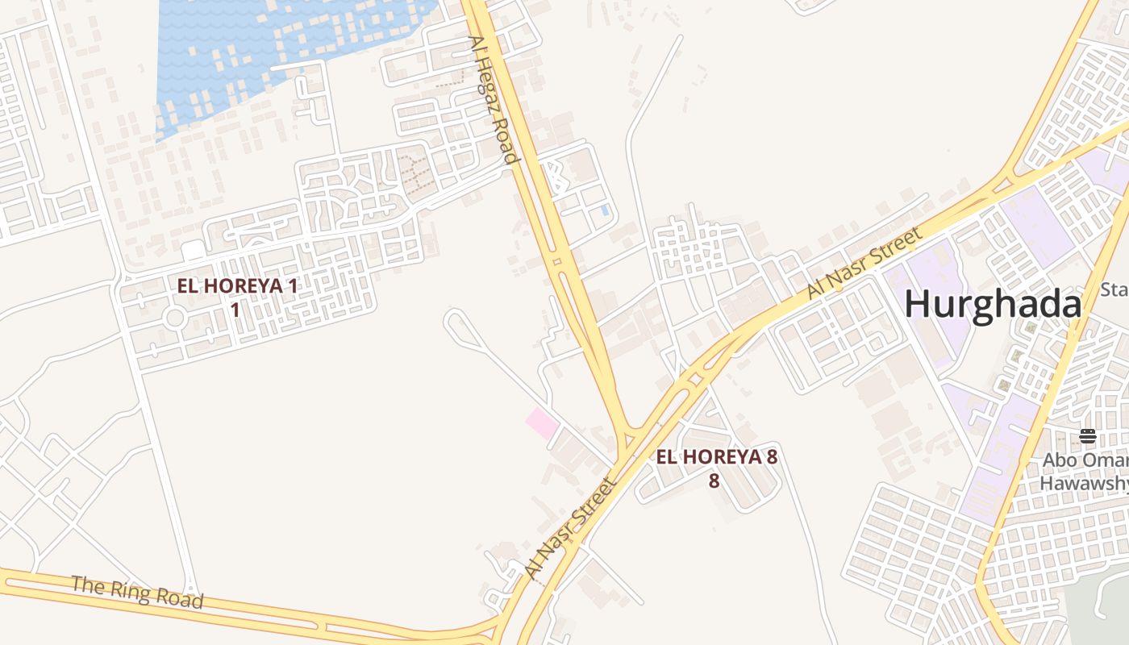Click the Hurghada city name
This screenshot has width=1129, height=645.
(992, 306)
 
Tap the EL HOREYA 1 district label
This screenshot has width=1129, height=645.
(237, 285)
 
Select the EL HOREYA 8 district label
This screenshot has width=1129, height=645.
(716, 457)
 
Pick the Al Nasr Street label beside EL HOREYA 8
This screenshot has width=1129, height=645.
(570, 528)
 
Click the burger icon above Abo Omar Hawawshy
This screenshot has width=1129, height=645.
(1088, 436)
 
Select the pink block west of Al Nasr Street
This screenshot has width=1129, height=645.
(542, 422)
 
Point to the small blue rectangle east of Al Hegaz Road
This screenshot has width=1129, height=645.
(605, 210)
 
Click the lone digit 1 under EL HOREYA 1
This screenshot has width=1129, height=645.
(235, 309)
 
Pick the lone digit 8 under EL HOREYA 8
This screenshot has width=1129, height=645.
(714, 481)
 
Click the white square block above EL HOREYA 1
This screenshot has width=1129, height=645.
(193, 251)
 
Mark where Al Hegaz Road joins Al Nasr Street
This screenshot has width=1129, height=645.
(625, 439)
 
